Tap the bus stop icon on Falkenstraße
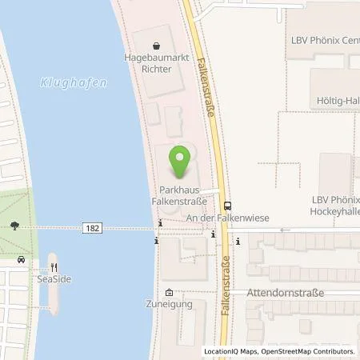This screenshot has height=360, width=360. (227, 205)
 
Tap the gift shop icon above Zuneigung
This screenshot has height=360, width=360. (169, 292)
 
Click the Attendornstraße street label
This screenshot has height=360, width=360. (285, 293)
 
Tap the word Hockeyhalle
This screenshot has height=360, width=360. (334, 213)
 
